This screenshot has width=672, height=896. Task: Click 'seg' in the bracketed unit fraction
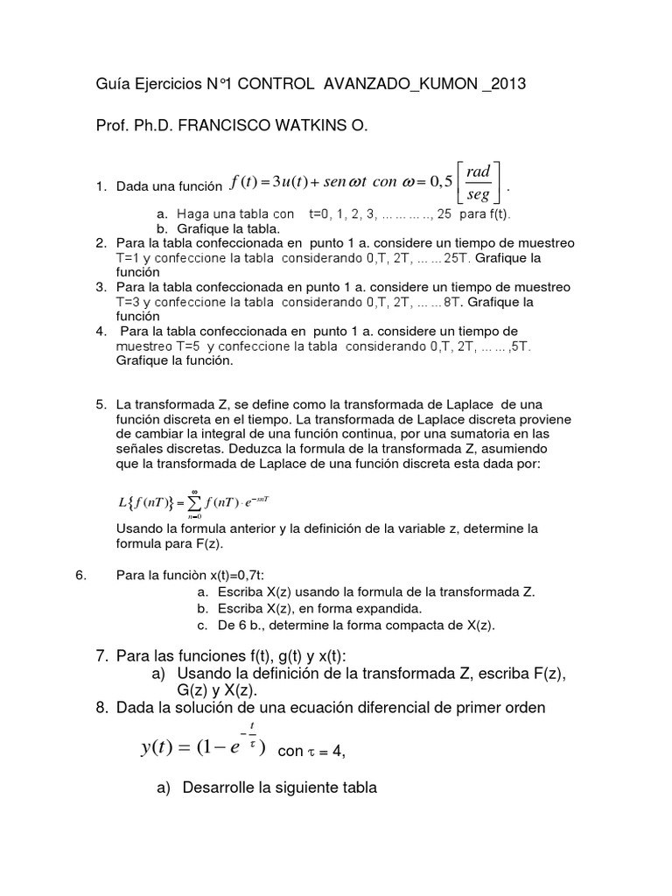coord(479,195)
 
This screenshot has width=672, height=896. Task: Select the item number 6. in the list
coord(81,576)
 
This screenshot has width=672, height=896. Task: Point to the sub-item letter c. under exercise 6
coord(201,625)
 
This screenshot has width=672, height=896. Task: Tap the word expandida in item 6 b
coord(387,608)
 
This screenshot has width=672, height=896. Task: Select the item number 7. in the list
coord(101,656)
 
